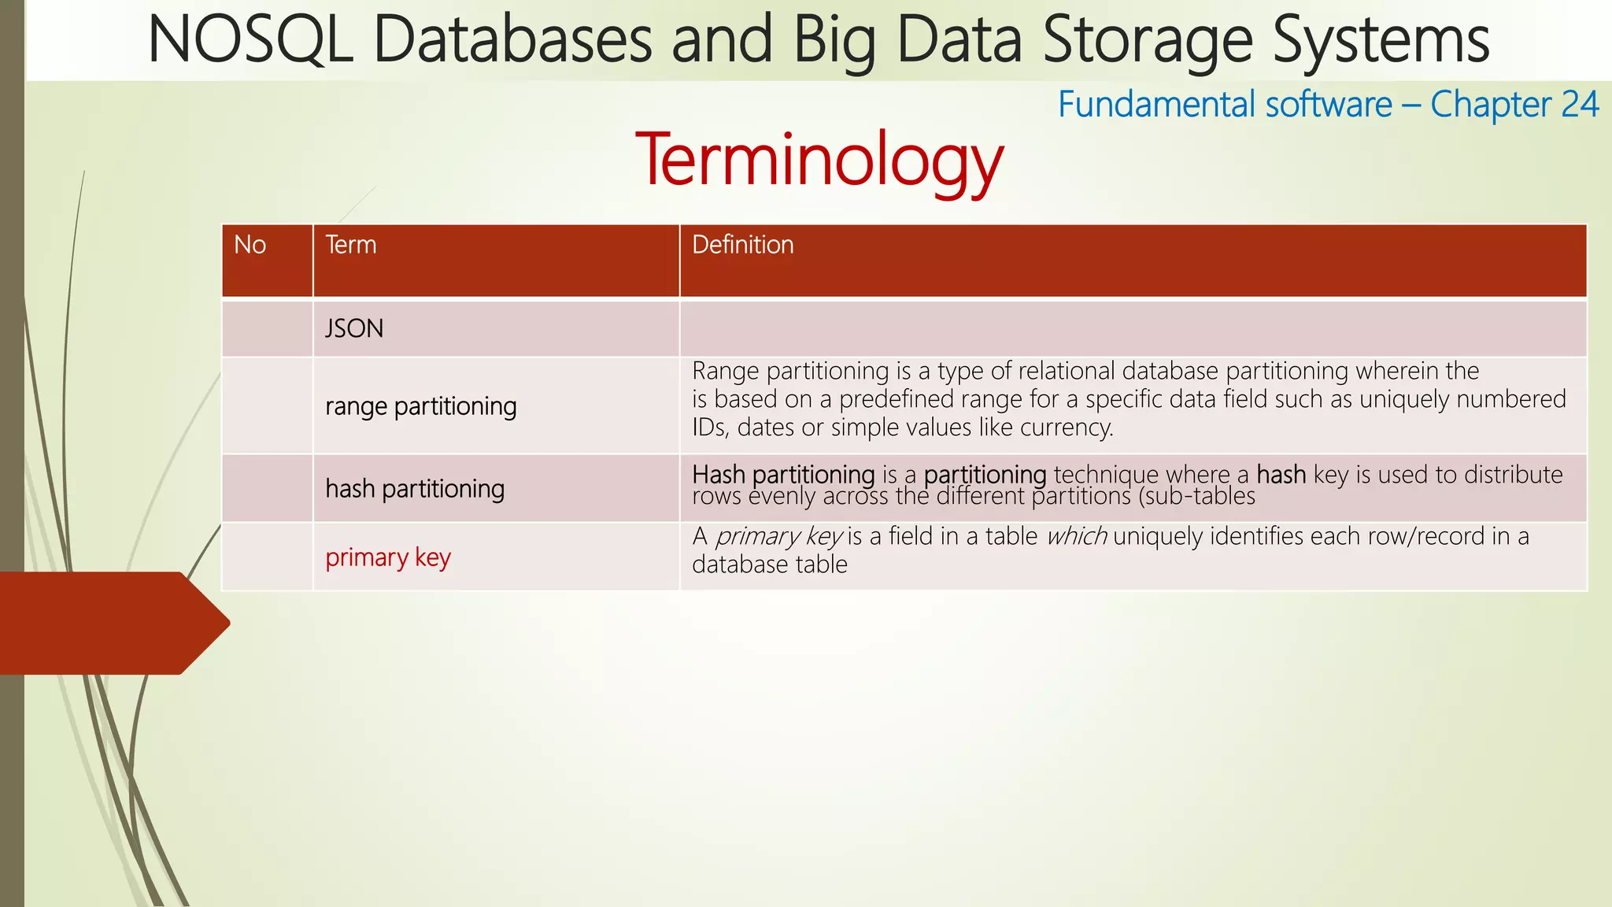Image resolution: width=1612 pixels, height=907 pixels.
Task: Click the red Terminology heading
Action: click(x=819, y=160)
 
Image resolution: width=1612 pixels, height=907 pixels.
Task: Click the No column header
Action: click(x=250, y=245)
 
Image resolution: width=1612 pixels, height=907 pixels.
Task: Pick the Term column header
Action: click(x=351, y=245)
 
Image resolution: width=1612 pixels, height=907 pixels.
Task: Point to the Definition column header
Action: click(x=742, y=245)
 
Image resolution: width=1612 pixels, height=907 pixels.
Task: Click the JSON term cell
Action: click(x=354, y=328)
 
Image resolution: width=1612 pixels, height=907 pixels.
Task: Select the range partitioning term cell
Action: click(x=420, y=406)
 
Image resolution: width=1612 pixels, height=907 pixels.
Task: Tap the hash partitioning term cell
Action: click(x=414, y=489)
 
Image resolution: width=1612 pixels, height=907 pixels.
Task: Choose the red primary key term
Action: click(x=388, y=557)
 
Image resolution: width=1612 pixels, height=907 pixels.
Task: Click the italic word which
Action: click(x=1076, y=536)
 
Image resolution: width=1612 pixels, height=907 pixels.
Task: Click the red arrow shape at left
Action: click(x=110, y=623)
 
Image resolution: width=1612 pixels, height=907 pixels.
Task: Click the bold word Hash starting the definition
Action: click(x=718, y=474)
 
